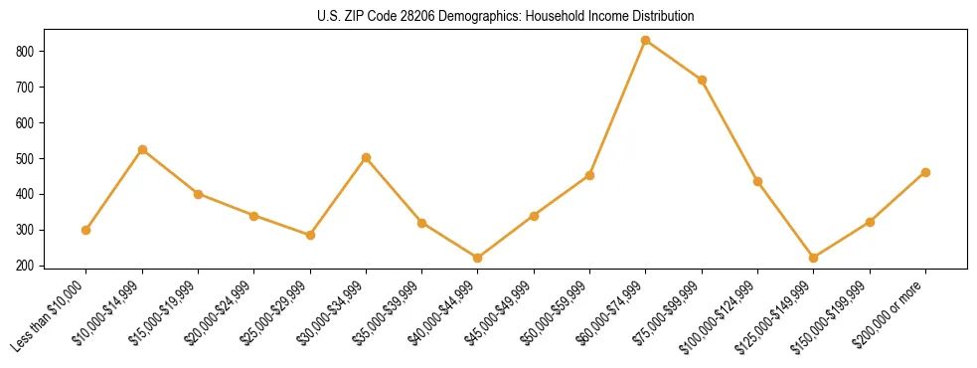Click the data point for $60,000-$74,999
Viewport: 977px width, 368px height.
(646, 41)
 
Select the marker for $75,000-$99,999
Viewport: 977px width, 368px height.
(702, 80)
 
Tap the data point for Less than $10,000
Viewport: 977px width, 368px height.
(86, 230)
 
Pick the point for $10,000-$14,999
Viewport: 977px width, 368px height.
(142, 149)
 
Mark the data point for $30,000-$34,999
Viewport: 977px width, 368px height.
(367, 157)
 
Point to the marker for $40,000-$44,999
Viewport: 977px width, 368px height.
(478, 258)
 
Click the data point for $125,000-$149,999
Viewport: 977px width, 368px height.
(814, 258)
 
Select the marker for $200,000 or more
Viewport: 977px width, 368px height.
(925, 172)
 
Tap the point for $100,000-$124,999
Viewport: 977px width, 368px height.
(758, 181)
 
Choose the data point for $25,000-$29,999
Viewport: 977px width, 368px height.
(310, 235)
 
